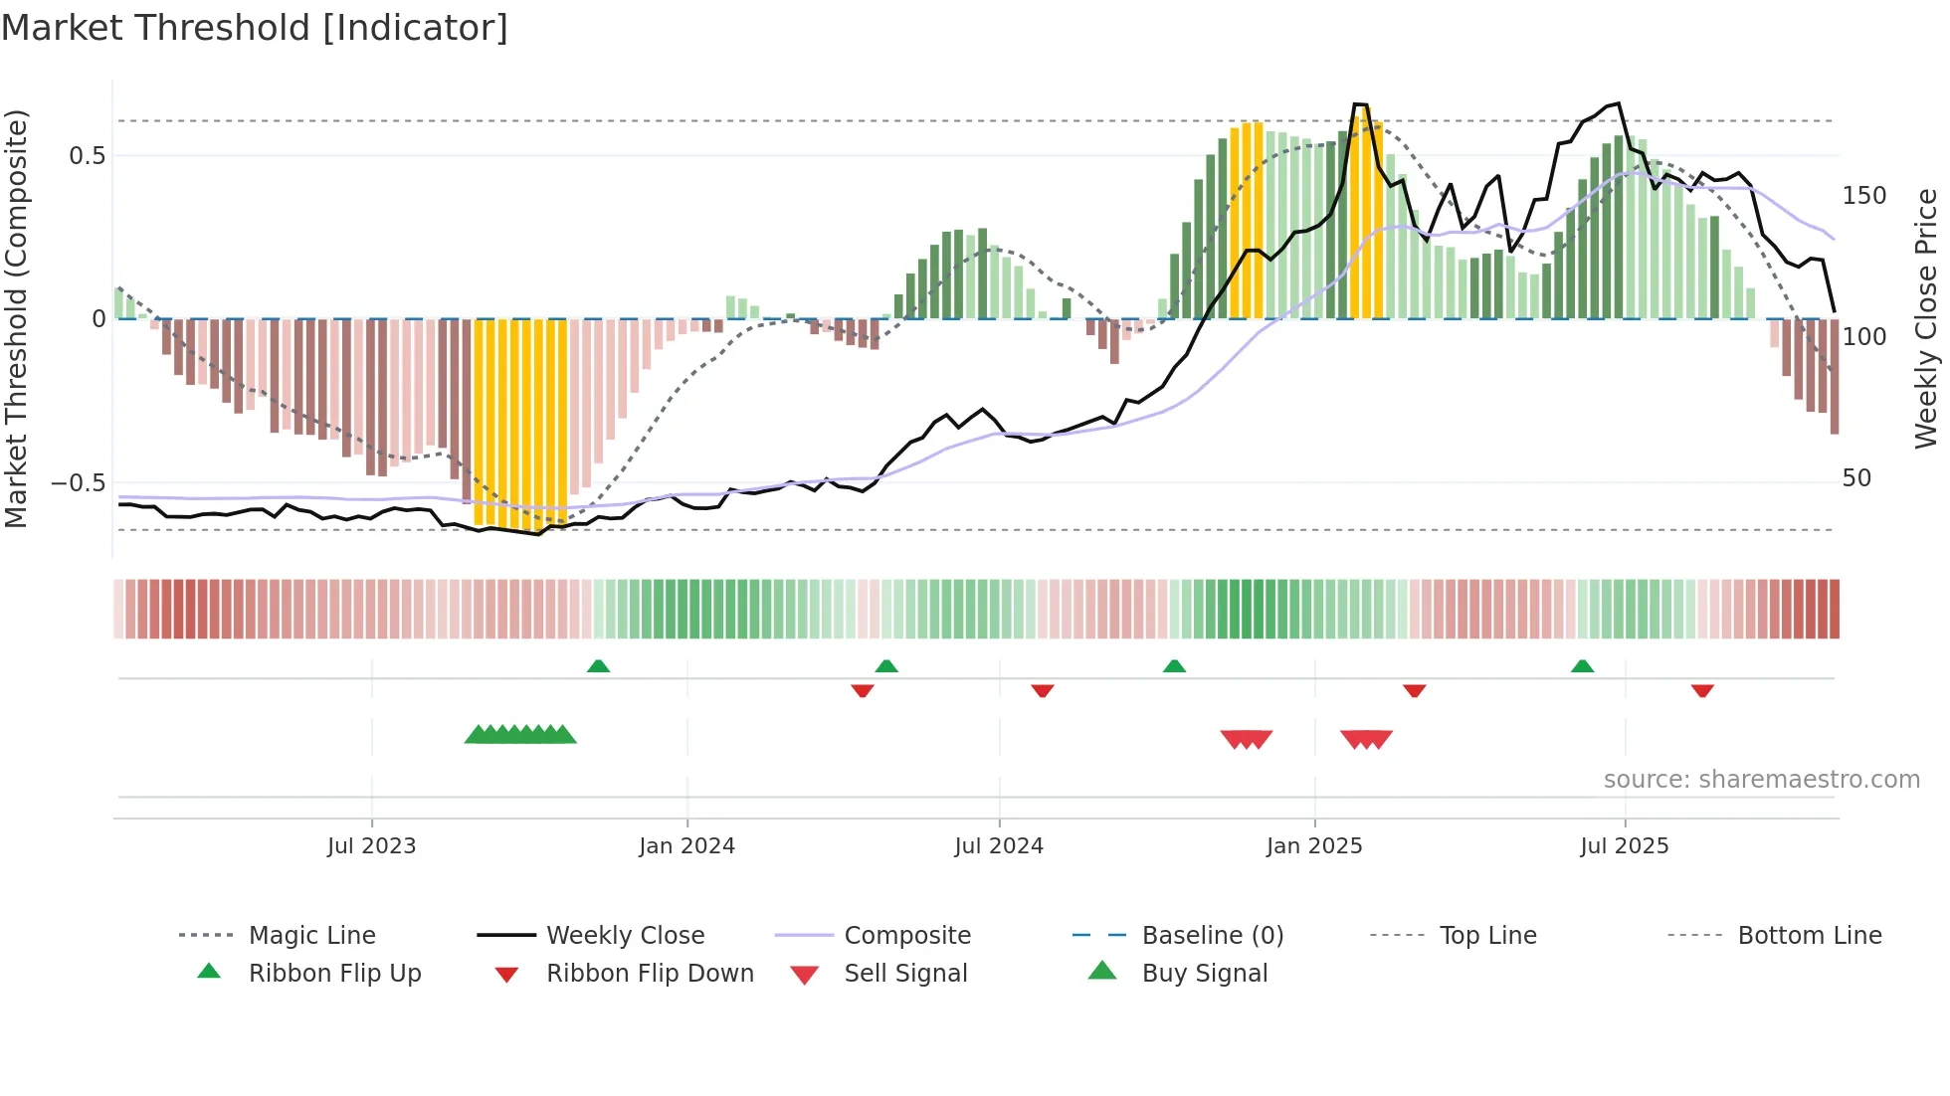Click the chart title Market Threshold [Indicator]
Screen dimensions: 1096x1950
click(255, 28)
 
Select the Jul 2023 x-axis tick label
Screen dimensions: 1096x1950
click(371, 846)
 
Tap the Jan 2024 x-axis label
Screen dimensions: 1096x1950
click(686, 846)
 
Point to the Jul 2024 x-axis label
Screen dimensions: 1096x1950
click(999, 846)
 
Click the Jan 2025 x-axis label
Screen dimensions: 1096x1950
click(1314, 846)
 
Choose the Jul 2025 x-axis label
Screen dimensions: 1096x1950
click(1625, 846)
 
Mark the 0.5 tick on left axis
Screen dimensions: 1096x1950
click(87, 156)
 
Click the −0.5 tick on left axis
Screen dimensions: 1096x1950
click(79, 483)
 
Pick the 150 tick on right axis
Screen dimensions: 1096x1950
click(1864, 196)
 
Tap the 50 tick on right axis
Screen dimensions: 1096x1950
click(1856, 478)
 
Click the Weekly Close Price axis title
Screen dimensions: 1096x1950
click(1926, 318)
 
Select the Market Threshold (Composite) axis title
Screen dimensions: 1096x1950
click(16, 318)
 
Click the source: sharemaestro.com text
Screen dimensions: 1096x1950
click(1761, 780)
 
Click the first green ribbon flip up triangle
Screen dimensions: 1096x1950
click(598, 666)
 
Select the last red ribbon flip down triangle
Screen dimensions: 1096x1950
click(1702, 690)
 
